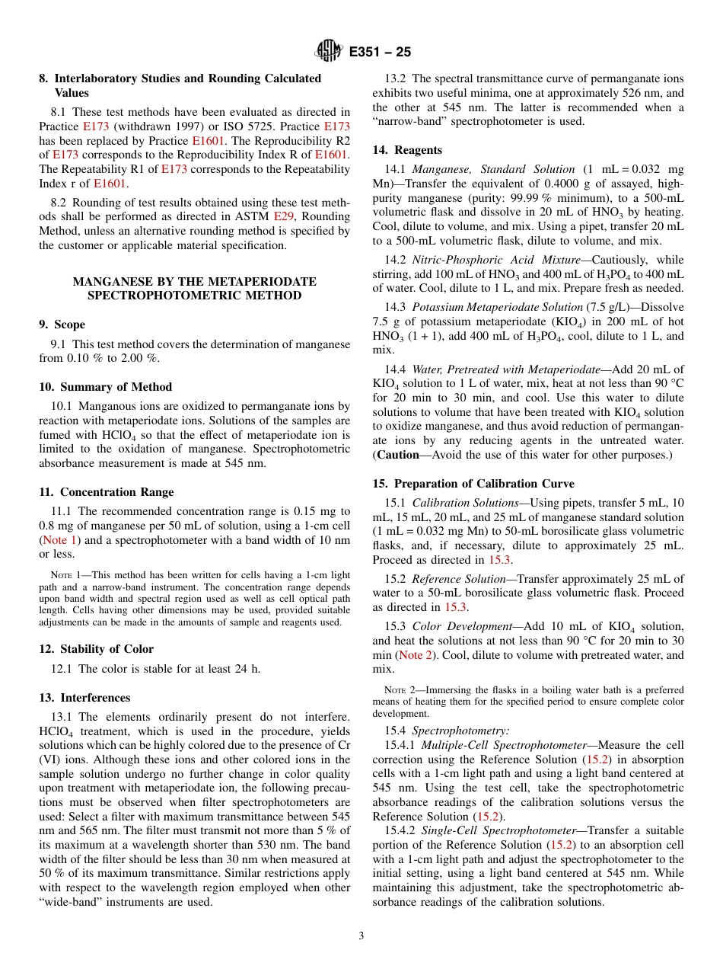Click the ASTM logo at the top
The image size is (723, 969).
pyautogui.click(x=329, y=51)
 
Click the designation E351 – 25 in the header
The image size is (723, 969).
pyautogui.click(x=381, y=52)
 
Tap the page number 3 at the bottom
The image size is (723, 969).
pyautogui.click(x=361, y=935)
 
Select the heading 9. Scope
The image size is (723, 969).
pyautogui.click(x=62, y=325)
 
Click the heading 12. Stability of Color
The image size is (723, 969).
pyautogui.click(x=96, y=649)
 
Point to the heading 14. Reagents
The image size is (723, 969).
pyautogui.click(x=407, y=150)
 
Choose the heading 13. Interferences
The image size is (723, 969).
pyautogui.click(x=84, y=698)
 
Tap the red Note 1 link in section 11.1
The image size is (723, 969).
pyautogui.click(x=59, y=540)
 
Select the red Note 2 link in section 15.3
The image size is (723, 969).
pyautogui.click(x=415, y=655)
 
